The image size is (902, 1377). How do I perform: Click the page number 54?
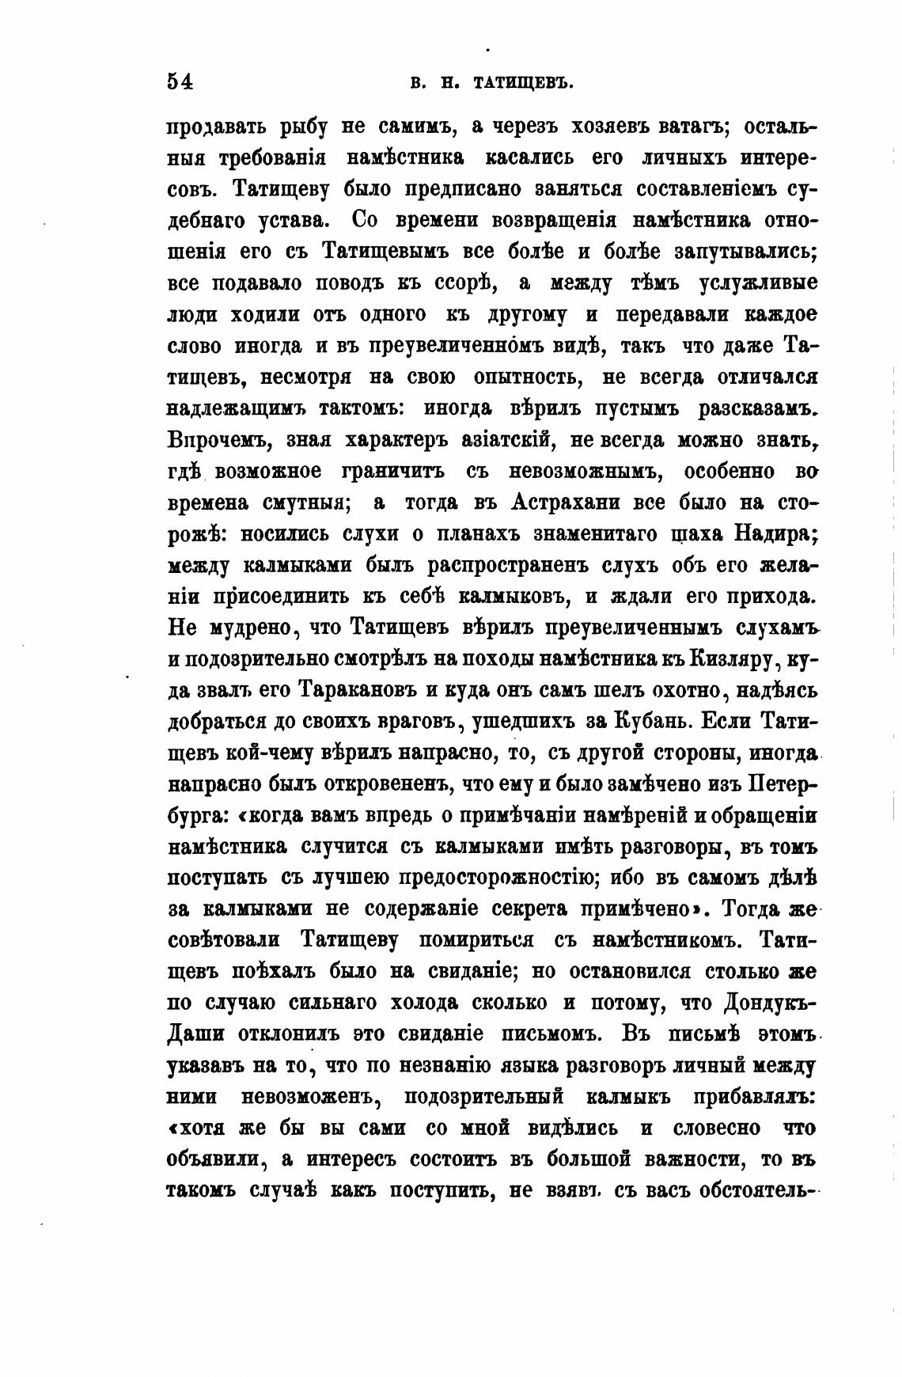pyautogui.click(x=180, y=82)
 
